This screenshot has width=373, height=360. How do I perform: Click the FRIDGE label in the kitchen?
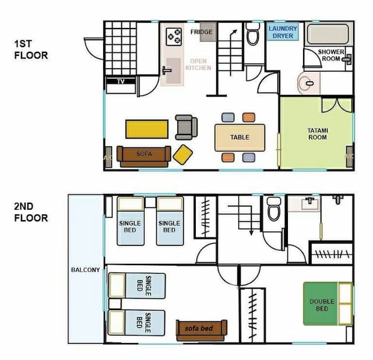point(201,31)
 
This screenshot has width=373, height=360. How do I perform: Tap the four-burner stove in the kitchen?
point(174,37)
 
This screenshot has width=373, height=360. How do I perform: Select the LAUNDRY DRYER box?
point(283,32)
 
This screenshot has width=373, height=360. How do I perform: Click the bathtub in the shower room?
point(328,34)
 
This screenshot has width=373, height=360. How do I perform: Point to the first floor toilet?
point(252,34)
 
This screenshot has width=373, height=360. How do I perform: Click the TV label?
point(121,82)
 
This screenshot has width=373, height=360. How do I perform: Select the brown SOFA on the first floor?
point(144,157)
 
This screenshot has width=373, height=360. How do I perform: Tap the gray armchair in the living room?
point(186,127)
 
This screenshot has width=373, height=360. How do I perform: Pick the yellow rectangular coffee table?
point(147,129)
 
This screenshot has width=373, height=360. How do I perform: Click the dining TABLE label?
point(240,137)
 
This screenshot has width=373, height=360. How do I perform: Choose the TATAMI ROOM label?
point(318,134)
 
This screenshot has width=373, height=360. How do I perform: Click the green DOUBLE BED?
point(328,303)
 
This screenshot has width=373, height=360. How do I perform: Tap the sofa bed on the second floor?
point(202,330)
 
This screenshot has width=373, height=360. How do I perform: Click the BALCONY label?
point(86,270)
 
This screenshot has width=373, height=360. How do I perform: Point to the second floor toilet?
point(274,209)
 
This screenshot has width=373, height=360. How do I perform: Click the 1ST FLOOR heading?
point(31,50)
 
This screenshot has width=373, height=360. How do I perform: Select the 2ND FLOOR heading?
point(31,212)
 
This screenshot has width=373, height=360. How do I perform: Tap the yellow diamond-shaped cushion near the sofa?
point(182,154)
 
